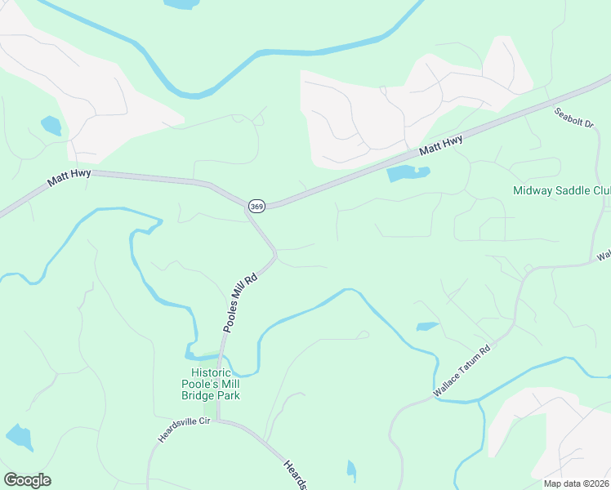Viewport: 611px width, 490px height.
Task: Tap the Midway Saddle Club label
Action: (x=561, y=191)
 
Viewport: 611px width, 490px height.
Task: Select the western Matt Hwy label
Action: (x=69, y=176)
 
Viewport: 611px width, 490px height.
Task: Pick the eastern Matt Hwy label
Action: (x=441, y=147)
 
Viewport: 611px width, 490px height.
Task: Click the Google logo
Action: (x=27, y=480)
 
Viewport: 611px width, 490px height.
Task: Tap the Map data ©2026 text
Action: (x=570, y=483)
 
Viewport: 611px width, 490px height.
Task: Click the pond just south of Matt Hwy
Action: (x=407, y=173)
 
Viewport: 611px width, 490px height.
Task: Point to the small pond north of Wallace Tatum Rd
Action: (x=427, y=327)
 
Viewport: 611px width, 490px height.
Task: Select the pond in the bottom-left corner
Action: (x=19, y=438)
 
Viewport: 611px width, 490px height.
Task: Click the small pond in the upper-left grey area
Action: (x=51, y=126)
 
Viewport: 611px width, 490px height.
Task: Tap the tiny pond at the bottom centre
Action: (x=351, y=470)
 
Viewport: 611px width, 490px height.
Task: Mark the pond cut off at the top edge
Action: (x=181, y=4)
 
